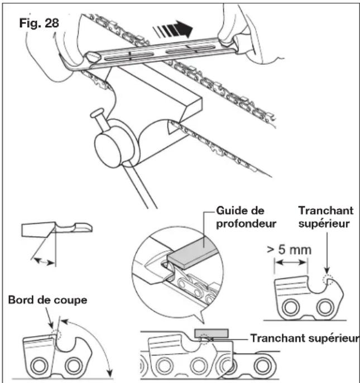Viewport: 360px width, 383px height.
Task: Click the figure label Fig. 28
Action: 39,23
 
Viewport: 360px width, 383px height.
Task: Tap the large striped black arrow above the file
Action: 173,30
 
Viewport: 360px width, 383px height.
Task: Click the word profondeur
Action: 246,224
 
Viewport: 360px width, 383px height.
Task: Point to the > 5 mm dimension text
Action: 289,250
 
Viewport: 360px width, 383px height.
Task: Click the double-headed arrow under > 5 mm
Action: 291,263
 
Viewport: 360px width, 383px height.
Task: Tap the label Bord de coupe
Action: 47,300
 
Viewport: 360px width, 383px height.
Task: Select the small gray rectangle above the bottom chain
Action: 212,333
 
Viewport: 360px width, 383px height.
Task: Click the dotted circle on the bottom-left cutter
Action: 56,334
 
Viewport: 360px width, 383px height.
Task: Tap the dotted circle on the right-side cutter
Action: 328,279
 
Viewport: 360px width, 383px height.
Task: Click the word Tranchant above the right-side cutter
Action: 326,211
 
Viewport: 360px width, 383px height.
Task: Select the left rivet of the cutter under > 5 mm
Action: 291,308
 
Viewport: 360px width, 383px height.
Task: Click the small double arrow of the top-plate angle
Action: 44,261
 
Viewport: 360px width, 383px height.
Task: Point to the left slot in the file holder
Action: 129,56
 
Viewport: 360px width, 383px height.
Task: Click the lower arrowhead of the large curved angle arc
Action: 110,374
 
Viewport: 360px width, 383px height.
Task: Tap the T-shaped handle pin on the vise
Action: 100,119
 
